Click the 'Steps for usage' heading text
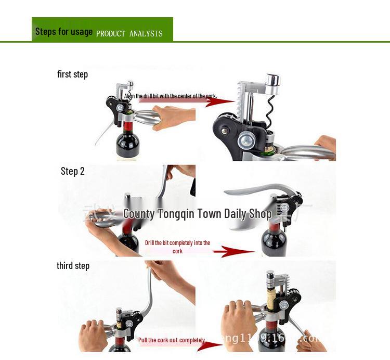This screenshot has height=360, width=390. [x=63, y=32]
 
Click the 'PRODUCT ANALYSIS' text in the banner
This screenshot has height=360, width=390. [x=129, y=34]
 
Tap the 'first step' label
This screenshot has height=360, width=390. [x=72, y=74]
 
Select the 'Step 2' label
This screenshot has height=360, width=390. [x=72, y=171]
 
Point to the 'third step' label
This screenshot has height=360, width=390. [x=73, y=266]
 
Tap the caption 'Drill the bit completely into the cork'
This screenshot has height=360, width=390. [x=177, y=247]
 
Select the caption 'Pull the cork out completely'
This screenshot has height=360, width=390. [x=171, y=340]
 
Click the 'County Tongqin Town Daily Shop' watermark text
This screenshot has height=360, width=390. [x=197, y=213]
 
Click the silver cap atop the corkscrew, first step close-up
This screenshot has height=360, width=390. [x=272, y=80]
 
